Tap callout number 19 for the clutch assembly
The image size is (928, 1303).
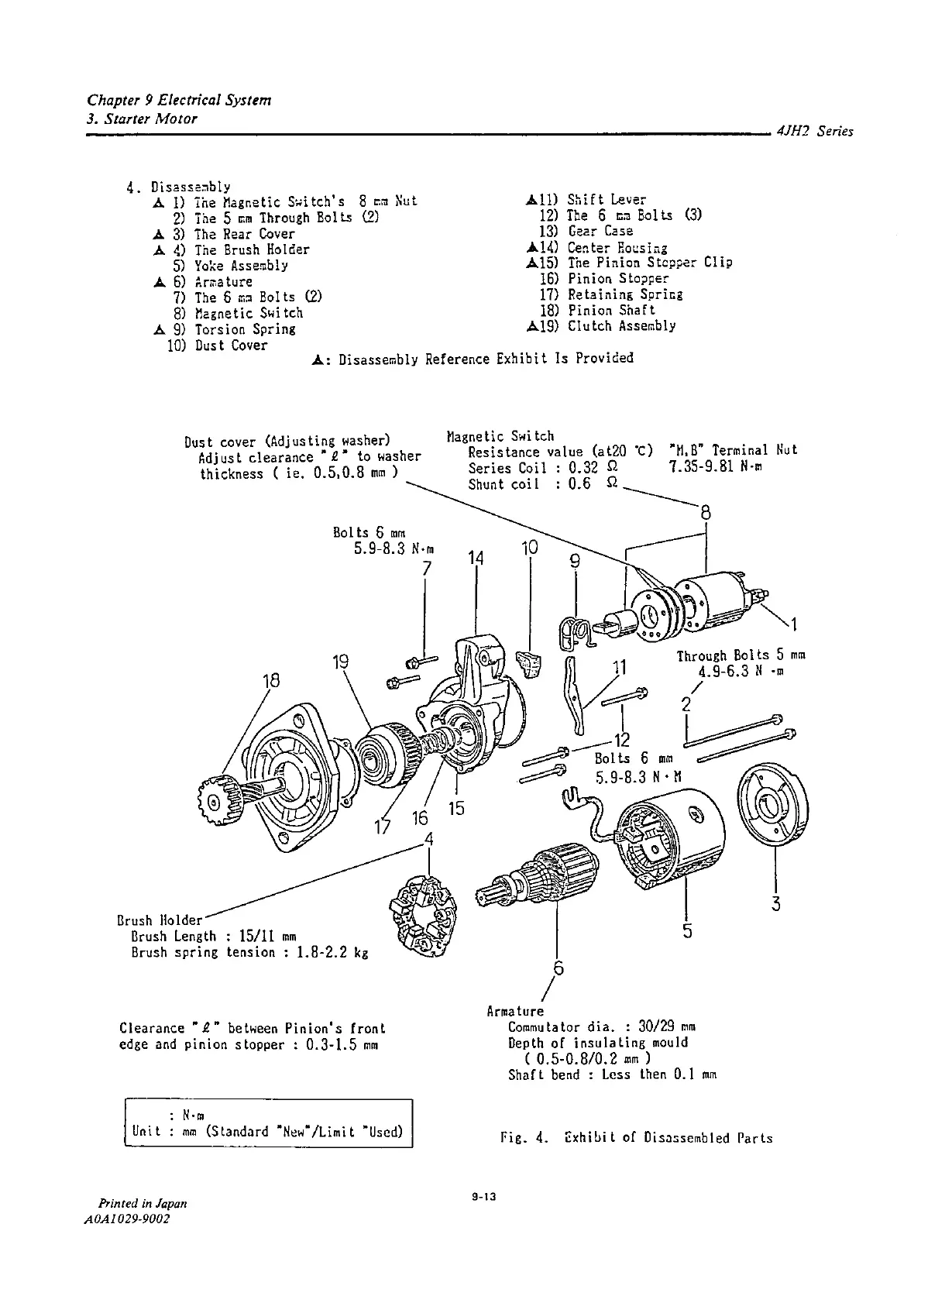340,662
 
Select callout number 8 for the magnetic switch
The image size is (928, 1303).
705,513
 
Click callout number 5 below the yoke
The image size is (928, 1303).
687,930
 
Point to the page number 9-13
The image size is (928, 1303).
483,1198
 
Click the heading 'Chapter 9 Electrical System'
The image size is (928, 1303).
179,101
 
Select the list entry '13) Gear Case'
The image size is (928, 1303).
586,232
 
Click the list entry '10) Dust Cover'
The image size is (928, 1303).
217,346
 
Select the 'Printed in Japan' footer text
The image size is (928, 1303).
142,1204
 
